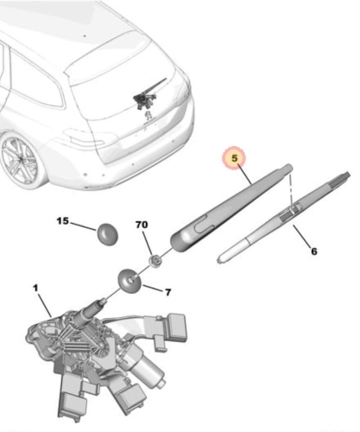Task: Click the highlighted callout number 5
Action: coord(234,159)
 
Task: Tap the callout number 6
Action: coord(313,251)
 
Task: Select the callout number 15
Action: coord(61,221)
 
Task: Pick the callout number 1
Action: coord(35,287)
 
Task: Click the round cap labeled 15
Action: coord(108,234)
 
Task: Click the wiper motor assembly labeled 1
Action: coord(95,346)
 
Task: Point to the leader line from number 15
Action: coord(83,227)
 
